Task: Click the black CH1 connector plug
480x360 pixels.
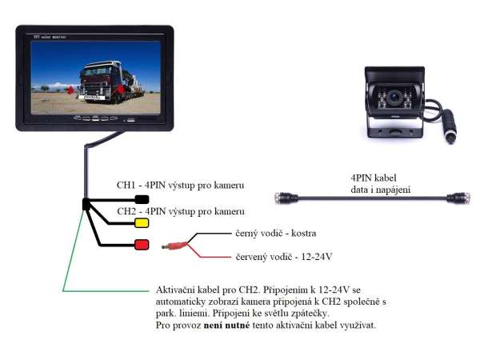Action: coord(142,199)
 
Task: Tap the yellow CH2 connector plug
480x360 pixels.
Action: coord(142,222)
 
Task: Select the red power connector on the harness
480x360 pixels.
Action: coord(142,244)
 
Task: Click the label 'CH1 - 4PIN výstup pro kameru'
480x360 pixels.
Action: coord(181,186)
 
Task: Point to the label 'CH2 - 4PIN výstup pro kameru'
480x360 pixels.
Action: coord(181,211)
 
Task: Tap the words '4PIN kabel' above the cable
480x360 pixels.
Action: coord(374,177)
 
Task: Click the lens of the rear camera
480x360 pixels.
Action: coord(395,102)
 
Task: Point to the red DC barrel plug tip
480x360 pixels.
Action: coord(166,246)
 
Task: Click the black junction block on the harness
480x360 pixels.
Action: coord(86,205)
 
